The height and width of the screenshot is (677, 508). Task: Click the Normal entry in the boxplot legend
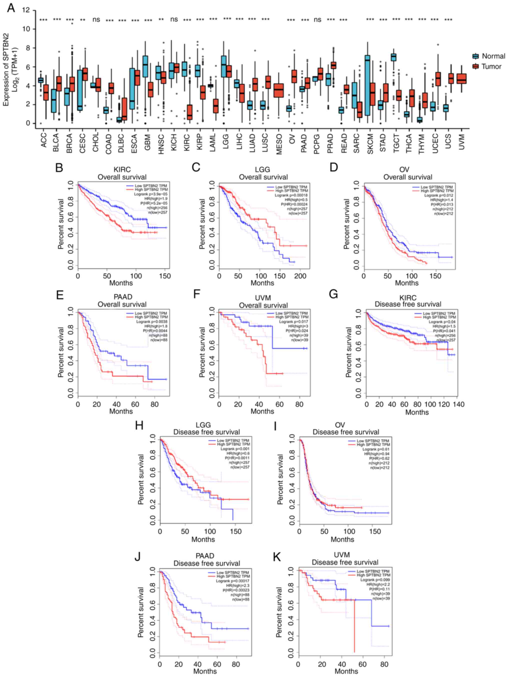tap(493, 56)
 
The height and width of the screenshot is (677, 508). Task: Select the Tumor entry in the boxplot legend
tap(491, 67)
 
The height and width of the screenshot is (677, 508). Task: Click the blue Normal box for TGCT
tap(393, 57)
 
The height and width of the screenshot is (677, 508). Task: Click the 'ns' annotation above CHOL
tap(96, 20)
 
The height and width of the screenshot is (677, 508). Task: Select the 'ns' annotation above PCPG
tap(317, 20)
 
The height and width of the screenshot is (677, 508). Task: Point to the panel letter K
tap(277, 557)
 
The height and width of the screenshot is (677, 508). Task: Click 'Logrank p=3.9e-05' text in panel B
tap(151, 194)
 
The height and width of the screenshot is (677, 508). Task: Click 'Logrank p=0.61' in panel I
tap(376, 449)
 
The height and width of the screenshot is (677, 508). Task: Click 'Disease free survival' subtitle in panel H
tap(206, 432)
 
